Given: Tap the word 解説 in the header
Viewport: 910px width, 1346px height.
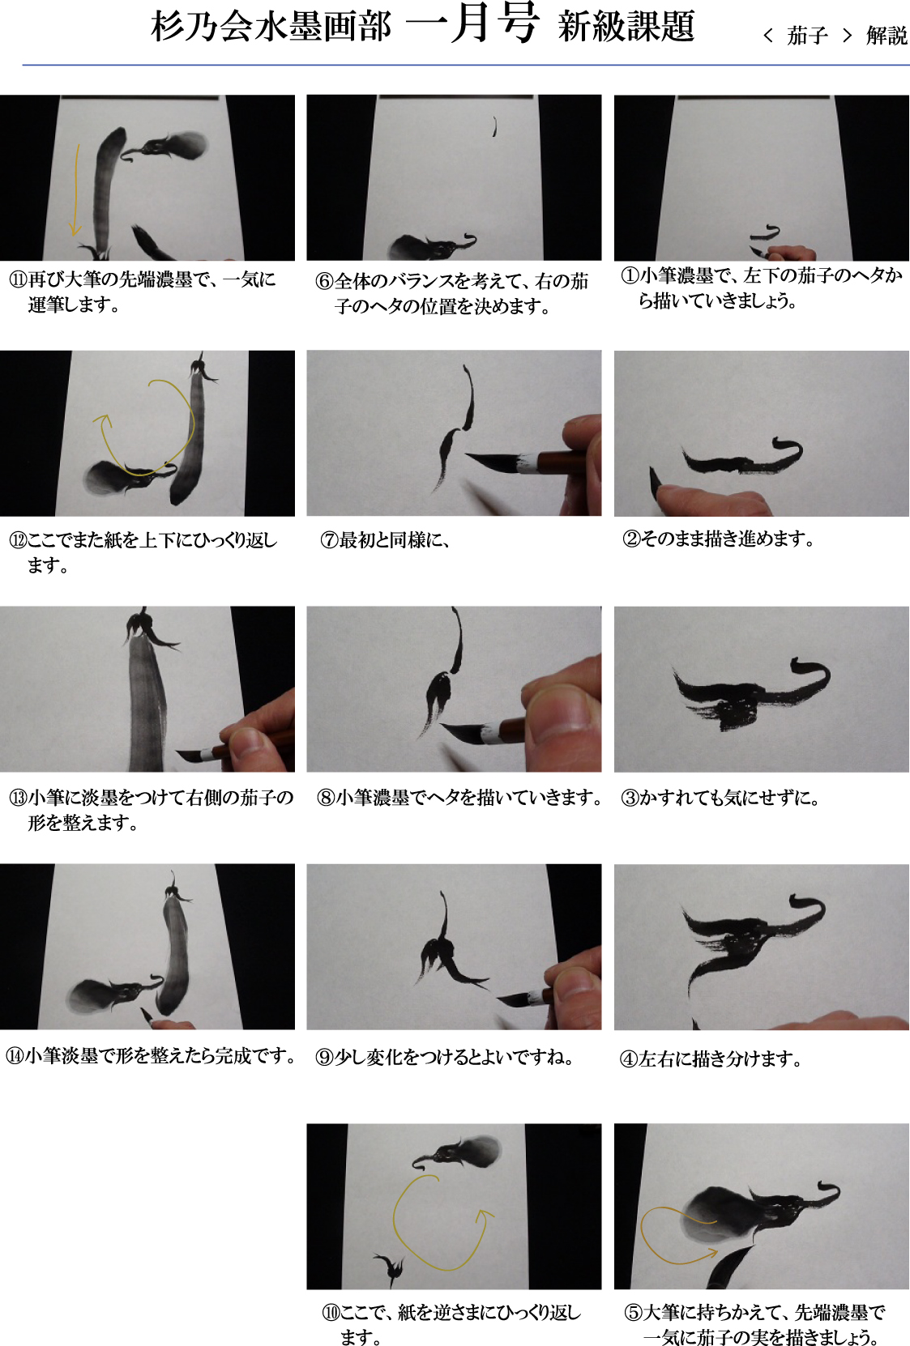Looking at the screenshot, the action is click(886, 36).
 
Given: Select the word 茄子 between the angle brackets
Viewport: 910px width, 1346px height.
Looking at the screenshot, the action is click(807, 36).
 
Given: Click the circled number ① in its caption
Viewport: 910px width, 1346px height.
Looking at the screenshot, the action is click(630, 276).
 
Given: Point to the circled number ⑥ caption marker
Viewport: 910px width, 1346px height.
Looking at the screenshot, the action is click(324, 281).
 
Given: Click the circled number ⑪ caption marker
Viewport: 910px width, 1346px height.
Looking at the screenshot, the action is click(18, 279).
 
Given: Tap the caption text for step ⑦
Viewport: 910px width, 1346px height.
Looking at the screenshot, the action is click(385, 540).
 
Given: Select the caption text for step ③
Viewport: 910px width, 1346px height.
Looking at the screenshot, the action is click(720, 798).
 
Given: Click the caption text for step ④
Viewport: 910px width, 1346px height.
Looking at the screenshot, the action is click(711, 1058).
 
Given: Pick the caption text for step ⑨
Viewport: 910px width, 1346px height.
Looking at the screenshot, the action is click(445, 1057).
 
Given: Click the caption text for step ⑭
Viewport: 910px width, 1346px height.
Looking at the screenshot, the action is click(150, 1055).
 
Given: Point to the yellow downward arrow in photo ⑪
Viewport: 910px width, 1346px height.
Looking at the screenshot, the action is click(75, 190).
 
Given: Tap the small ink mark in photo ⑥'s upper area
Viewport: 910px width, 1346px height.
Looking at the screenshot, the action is click(494, 126).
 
